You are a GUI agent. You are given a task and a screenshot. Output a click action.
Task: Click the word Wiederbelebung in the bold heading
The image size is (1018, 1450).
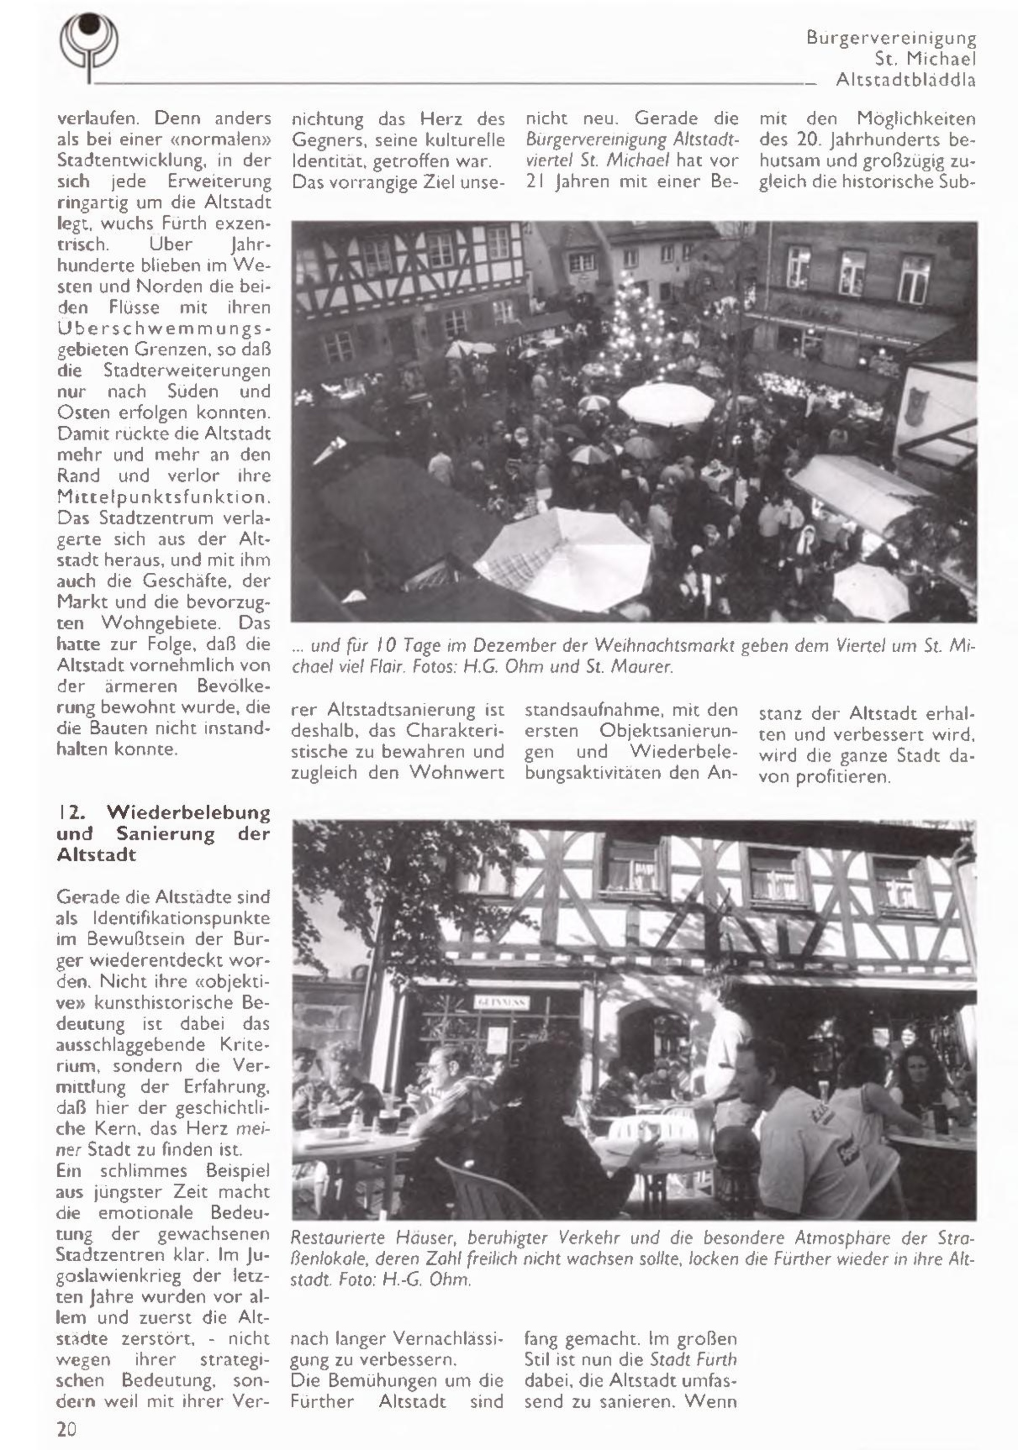tap(188, 812)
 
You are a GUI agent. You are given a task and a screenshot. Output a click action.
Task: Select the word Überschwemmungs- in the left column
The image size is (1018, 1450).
tap(164, 328)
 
